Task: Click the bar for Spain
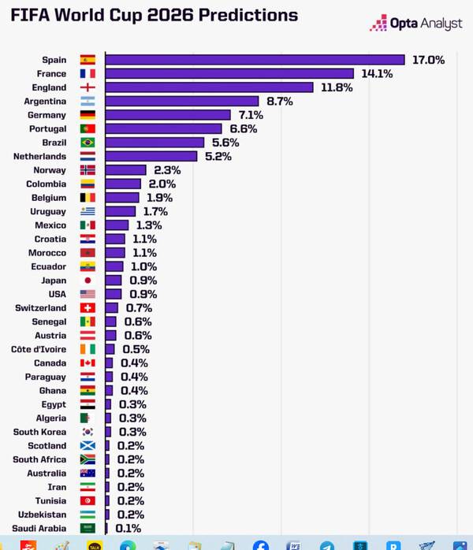tap(255, 60)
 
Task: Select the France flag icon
tap(88, 73)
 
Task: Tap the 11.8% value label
tap(337, 87)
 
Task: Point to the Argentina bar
tap(182, 101)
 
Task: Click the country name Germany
tap(47, 115)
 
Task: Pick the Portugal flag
tap(88, 128)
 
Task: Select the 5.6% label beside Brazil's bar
tap(225, 143)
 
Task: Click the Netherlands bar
tap(151, 156)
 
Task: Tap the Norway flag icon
tap(88, 170)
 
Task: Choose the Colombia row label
tap(47, 184)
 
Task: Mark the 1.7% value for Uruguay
tap(155, 211)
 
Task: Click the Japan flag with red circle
tap(88, 281)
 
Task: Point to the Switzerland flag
tap(88, 308)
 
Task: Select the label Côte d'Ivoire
tap(39, 349)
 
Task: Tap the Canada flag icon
tap(88, 363)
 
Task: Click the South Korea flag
tap(88, 432)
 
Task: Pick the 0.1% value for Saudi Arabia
tap(128, 528)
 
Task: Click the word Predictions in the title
tap(248, 15)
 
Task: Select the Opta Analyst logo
tap(415, 23)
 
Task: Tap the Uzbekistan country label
tap(42, 515)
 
